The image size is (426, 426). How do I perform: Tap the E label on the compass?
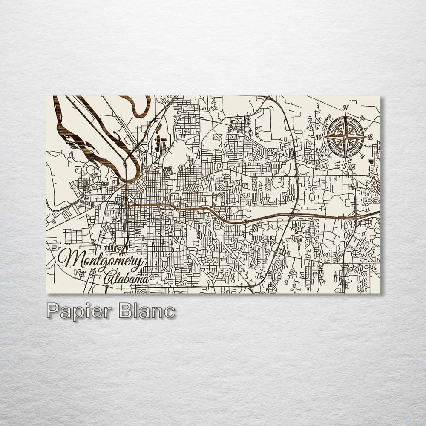370,137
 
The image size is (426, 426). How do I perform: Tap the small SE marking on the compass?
362,156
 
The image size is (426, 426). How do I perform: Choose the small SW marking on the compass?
328,156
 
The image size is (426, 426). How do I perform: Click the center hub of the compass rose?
345,137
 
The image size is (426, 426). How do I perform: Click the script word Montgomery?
101,259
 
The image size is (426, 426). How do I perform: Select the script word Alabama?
126,279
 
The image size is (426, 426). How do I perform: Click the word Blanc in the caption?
147,311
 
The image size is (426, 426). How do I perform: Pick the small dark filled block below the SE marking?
371,161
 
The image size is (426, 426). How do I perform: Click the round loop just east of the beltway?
303,169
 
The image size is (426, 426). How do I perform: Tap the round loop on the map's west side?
91,170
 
